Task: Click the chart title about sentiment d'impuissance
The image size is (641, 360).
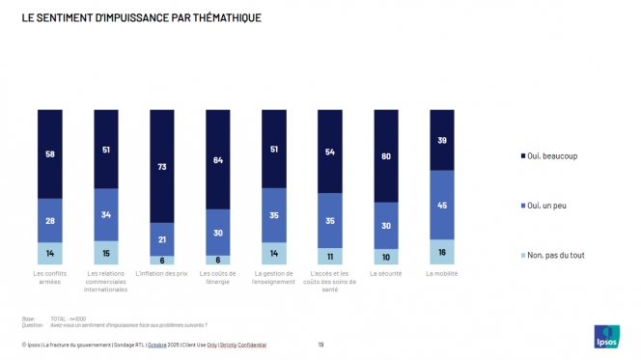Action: click(x=141, y=17)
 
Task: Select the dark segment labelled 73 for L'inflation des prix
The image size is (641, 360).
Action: click(x=162, y=166)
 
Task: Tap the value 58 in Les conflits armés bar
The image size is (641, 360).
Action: click(x=50, y=153)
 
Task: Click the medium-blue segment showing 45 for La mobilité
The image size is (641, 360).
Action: click(x=442, y=205)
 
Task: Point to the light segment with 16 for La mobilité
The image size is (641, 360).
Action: click(x=442, y=252)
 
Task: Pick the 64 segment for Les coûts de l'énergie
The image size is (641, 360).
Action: click(x=218, y=159)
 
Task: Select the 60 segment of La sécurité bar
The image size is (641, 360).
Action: click(x=386, y=155)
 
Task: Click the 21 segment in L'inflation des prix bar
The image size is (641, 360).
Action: click(x=162, y=238)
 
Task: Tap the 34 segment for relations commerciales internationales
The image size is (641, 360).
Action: click(x=106, y=214)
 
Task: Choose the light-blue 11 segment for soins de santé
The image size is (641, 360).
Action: click(x=330, y=257)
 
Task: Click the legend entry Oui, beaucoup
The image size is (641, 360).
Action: click(x=553, y=155)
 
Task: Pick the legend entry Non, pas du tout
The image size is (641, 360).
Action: click(x=555, y=255)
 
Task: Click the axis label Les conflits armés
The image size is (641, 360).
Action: click(x=50, y=277)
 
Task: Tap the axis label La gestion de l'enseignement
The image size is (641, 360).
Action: click(x=274, y=277)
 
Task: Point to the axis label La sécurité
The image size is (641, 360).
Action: click(x=386, y=273)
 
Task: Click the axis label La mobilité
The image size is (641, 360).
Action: click(x=442, y=273)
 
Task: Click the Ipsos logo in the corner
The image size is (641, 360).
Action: click(x=606, y=336)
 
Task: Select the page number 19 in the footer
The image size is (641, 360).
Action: click(x=320, y=344)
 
